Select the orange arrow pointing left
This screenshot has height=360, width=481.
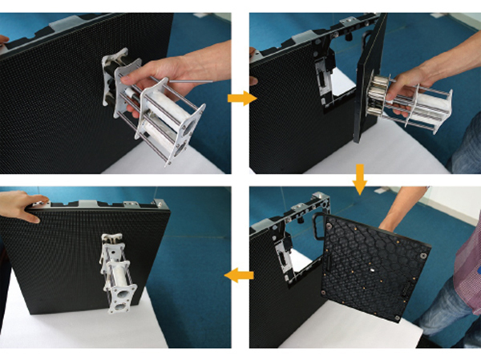(240, 276)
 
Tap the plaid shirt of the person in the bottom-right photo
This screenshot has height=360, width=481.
(467, 265)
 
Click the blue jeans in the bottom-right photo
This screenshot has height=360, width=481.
(445, 321)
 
